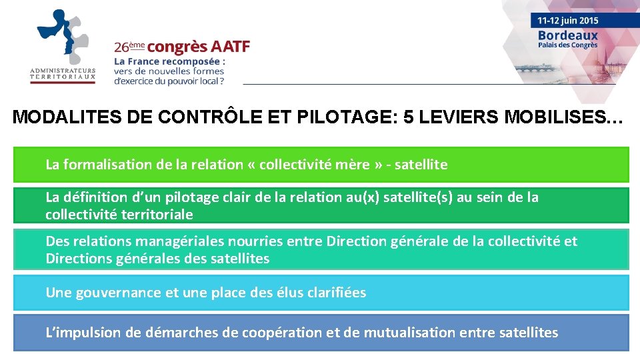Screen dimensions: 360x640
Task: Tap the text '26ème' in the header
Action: tap(129, 47)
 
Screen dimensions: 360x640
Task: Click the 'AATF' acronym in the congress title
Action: tap(230, 47)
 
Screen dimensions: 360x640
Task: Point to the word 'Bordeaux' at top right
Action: tap(568, 35)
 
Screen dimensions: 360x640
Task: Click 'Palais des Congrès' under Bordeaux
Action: tap(568, 45)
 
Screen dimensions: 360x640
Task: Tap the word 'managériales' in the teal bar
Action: tap(181, 241)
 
